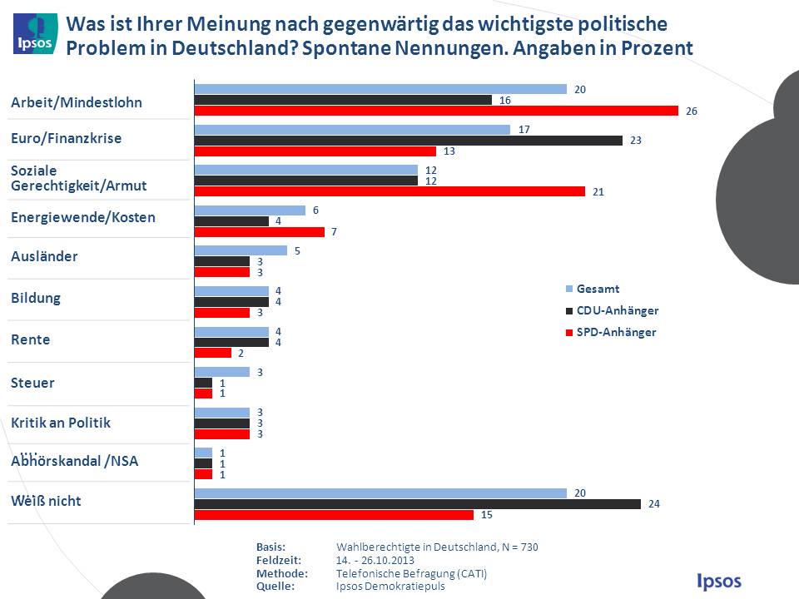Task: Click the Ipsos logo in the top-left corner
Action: click(x=35, y=33)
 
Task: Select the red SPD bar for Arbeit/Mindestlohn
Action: click(x=436, y=111)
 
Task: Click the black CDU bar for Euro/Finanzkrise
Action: click(x=408, y=141)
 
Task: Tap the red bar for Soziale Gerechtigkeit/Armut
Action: click(x=390, y=191)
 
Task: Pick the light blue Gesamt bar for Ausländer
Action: click(x=241, y=250)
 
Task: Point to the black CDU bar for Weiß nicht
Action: click(x=417, y=504)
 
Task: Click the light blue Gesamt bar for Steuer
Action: click(x=221, y=372)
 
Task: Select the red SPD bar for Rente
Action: click(x=212, y=353)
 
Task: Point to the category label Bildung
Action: click(x=36, y=298)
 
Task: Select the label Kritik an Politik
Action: click(x=61, y=423)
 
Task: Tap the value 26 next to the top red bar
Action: click(x=692, y=111)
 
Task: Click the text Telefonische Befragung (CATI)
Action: click(x=411, y=573)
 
